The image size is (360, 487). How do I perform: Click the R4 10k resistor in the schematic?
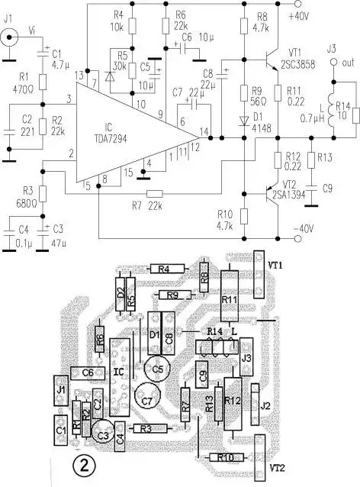pos(131,26)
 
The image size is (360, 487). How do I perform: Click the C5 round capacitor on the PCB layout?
pos(158,369)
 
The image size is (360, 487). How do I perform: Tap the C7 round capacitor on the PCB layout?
pos(146,397)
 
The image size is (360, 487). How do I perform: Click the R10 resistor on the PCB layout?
pos(225,456)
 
